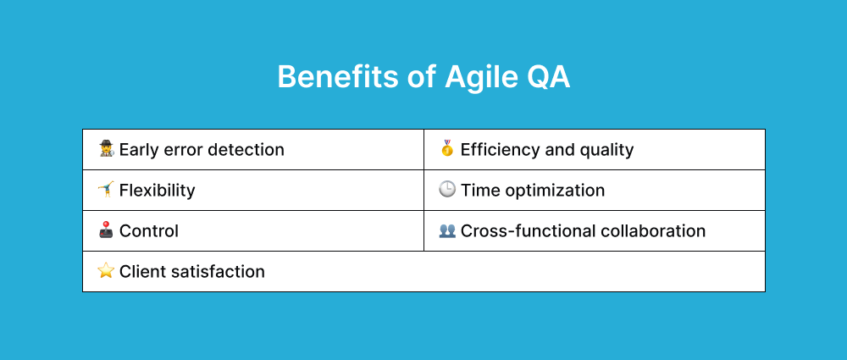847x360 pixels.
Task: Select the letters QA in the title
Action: [x=550, y=77]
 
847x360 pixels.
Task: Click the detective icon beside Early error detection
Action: [x=106, y=150]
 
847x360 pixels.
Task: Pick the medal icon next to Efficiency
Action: [x=447, y=149]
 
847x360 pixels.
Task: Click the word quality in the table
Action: [x=603, y=150]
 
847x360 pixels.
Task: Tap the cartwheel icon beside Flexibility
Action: [x=106, y=190]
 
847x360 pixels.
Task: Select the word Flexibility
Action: [x=158, y=191]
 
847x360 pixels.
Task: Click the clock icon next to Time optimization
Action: [x=447, y=190]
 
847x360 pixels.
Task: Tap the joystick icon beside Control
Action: [x=106, y=230]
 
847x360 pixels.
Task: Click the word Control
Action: [x=149, y=231]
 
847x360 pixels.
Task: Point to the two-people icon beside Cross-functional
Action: [x=447, y=230]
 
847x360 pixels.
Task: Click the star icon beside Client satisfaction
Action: [x=106, y=271]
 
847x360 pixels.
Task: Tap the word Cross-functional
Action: [x=528, y=231]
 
